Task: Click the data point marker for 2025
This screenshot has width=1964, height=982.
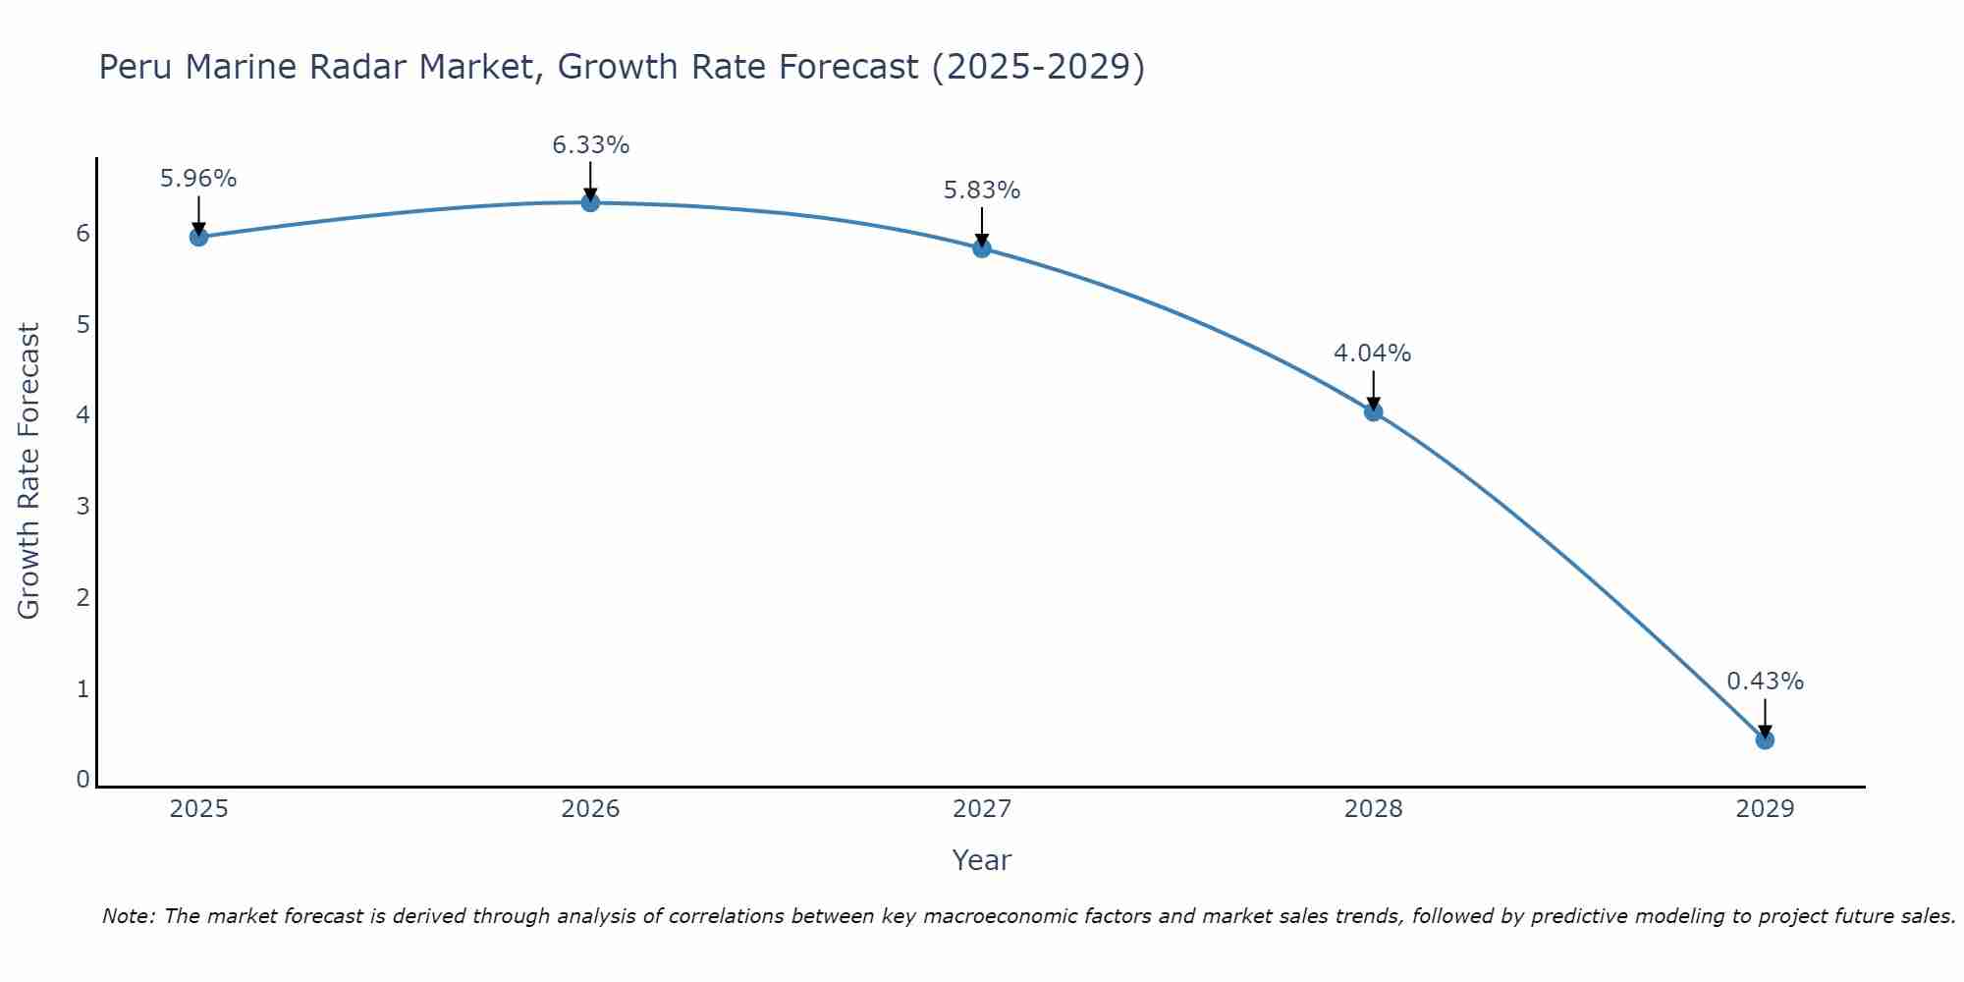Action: [198, 237]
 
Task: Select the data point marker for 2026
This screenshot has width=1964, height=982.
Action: [590, 202]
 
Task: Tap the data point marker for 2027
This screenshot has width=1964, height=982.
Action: [982, 248]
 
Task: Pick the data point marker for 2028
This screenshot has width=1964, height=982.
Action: [1373, 411]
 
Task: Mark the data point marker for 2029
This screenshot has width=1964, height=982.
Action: [1765, 739]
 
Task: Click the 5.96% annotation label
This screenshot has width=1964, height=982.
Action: [198, 179]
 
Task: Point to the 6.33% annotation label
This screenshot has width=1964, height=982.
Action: [590, 145]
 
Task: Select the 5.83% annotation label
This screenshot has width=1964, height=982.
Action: [982, 191]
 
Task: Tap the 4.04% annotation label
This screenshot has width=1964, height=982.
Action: [1373, 354]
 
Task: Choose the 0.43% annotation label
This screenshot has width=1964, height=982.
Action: [1765, 682]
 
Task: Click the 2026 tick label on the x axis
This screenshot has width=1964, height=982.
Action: [590, 809]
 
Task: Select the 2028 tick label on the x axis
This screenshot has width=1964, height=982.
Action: [1373, 809]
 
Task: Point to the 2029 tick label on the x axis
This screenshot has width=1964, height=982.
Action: [1765, 809]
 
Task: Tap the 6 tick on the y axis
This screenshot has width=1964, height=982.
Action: [82, 233]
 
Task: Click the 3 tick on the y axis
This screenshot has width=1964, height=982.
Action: [82, 506]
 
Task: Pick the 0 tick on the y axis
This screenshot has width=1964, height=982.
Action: [82, 779]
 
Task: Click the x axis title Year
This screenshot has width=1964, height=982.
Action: [981, 860]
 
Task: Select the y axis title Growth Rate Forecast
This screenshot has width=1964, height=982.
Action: [29, 471]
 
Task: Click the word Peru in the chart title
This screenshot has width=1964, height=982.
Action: [136, 68]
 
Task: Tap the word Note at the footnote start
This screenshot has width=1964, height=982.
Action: [127, 916]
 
